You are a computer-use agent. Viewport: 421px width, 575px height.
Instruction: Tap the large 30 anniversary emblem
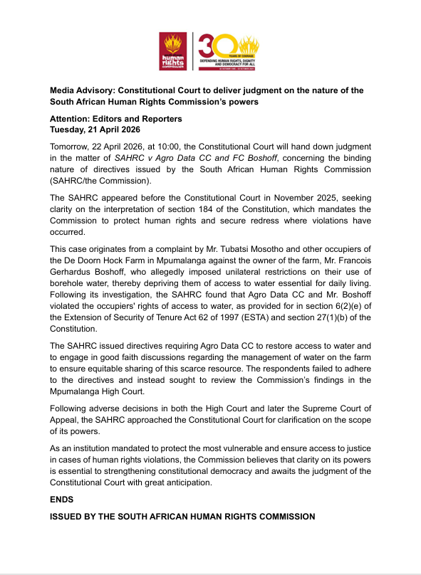[x=227, y=51]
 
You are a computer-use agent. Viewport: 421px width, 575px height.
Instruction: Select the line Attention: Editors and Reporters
[x=115, y=118]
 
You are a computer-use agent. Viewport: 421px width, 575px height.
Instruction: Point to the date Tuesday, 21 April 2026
[x=95, y=130]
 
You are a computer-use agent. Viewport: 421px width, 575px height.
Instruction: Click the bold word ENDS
[x=63, y=500]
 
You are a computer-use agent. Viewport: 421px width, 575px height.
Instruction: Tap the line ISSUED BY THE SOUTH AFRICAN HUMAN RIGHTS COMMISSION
[x=182, y=517]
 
